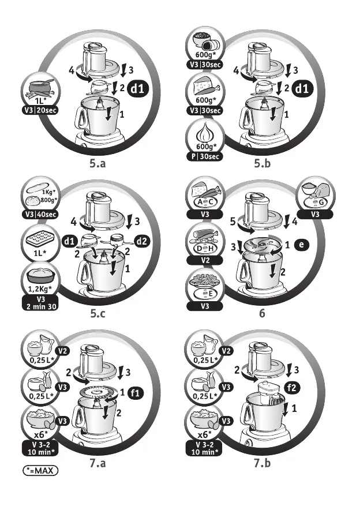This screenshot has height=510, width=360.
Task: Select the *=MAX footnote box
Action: (41, 471)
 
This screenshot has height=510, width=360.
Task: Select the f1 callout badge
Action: (136, 393)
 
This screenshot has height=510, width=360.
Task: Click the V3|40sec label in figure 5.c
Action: (37, 215)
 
